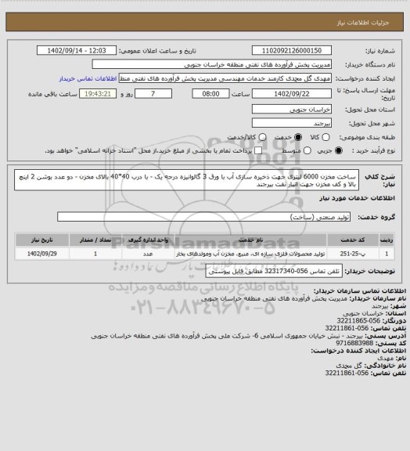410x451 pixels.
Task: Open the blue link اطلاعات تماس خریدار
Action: point(94,79)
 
